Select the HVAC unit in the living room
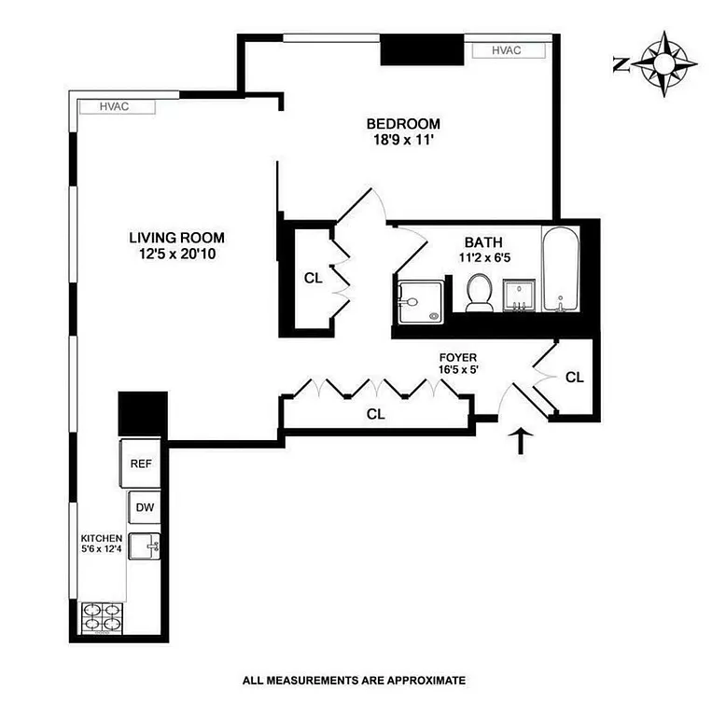click(114, 107)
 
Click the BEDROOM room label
click(402, 124)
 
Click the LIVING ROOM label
click(176, 238)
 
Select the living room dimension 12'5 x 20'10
click(176, 254)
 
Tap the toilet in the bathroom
click(480, 292)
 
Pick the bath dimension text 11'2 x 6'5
click(482, 258)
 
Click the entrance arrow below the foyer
click(521, 440)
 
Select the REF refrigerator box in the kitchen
click(141, 463)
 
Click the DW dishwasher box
click(144, 508)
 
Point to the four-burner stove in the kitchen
click(103, 616)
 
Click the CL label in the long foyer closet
click(375, 414)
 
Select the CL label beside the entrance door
click(575, 378)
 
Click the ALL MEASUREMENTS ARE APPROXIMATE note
click(354, 681)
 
